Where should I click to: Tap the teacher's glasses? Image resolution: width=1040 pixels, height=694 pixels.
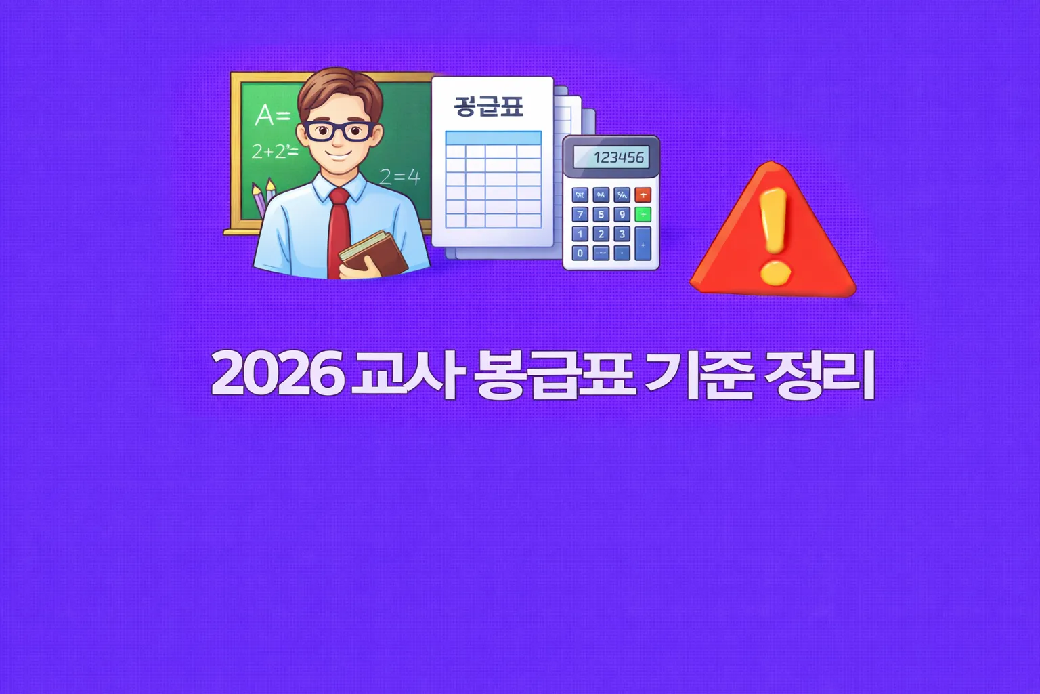337,131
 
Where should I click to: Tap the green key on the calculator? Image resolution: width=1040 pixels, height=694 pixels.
643,215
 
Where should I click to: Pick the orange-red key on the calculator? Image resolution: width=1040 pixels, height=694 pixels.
643,195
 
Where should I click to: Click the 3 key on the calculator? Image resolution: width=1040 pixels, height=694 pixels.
622,234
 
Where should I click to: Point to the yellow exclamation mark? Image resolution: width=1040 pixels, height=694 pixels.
775,234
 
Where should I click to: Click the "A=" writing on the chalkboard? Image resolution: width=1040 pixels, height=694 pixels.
272,116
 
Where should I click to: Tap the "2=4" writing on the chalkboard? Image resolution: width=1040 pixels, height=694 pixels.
399,178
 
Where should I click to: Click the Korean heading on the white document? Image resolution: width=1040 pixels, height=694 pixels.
488,106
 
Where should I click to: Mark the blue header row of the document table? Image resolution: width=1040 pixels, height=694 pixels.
494,138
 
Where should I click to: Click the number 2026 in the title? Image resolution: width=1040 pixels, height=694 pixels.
278,374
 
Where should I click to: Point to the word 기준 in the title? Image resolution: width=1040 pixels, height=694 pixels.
699,374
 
